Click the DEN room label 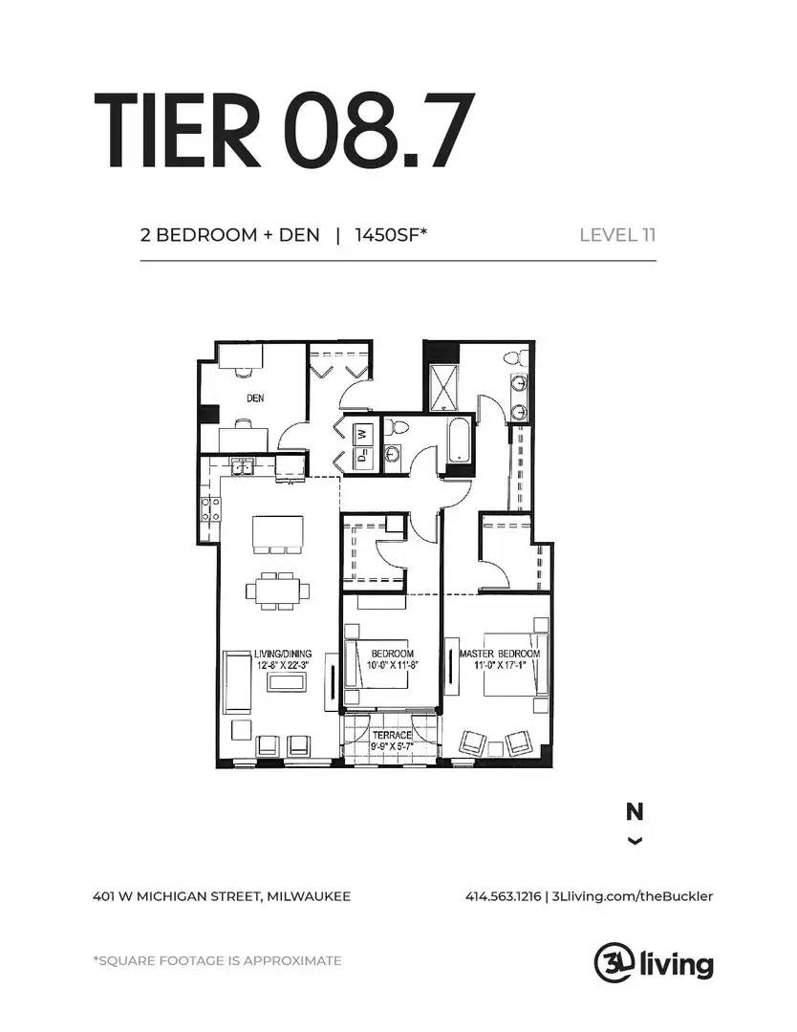(x=255, y=398)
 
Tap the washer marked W (x=362, y=434)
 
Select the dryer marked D (x=362, y=458)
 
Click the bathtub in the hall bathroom (x=457, y=439)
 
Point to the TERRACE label (x=392, y=735)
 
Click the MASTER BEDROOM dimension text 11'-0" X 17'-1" (x=500, y=665)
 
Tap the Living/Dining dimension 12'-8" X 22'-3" (x=283, y=665)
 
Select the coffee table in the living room (x=287, y=681)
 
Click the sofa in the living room (x=238, y=682)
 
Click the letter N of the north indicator (x=635, y=812)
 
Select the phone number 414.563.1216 (x=503, y=895)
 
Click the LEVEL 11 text (x=617, y=235)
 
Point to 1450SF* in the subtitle (x=391, y=235)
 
